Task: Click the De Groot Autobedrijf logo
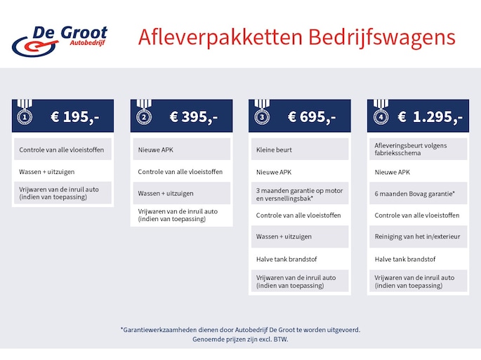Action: click(x=60, y=41)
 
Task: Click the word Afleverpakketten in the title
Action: click(x=220, y=38)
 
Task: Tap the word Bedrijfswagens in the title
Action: click(x=382, y=38)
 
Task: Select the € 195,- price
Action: click(x=75, y=116)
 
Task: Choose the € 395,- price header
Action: click(x=194, y=116)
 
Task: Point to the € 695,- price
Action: click(x=312, y=116)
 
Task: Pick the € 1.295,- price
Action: click(x=430, y=116)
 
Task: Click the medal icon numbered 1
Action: click(x=25, y=112)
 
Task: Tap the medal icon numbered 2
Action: click(x=144, y=112)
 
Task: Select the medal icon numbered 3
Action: click(x=262, y=112)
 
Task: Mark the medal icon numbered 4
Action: click(x=381, y=112)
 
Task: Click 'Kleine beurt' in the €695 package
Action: click(x=274, y=150)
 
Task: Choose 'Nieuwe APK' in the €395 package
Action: click(x=155, y=150)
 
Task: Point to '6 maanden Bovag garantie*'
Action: click(x=414, y=194)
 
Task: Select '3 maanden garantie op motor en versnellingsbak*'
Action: click(x=299, y=194)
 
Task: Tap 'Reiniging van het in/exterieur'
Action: click(x=417, y=236)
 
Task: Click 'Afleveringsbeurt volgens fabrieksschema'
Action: click(x=411, y=149)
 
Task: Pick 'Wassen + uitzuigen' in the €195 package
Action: click(x=46, y=172)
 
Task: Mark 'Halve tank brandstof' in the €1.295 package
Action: click(x=405, y=259)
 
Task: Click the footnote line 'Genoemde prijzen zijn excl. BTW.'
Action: click(x=240, y=339)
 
